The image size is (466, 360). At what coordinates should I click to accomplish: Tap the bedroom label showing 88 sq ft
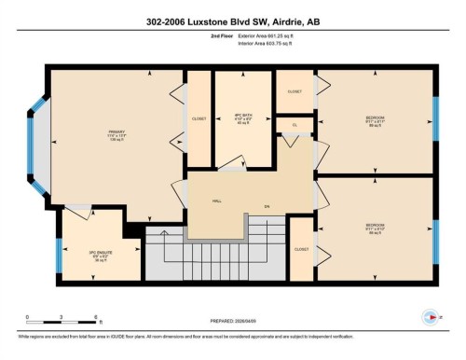tap(375, 228)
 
